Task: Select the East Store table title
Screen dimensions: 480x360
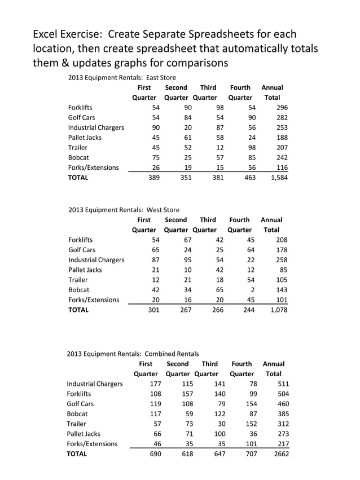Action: pos(122,77)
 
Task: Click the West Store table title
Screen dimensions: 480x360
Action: pos(124,209)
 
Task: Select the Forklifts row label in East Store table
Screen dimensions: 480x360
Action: pos(80,107)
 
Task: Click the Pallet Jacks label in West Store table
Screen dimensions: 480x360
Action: pos(85,270)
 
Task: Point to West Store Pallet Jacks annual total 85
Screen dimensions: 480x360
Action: pos(283,270)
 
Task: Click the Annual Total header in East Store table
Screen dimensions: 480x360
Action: pos(272,93)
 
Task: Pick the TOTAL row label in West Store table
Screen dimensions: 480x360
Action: pos(78,310)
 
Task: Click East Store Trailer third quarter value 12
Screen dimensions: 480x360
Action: pos(219,147)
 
